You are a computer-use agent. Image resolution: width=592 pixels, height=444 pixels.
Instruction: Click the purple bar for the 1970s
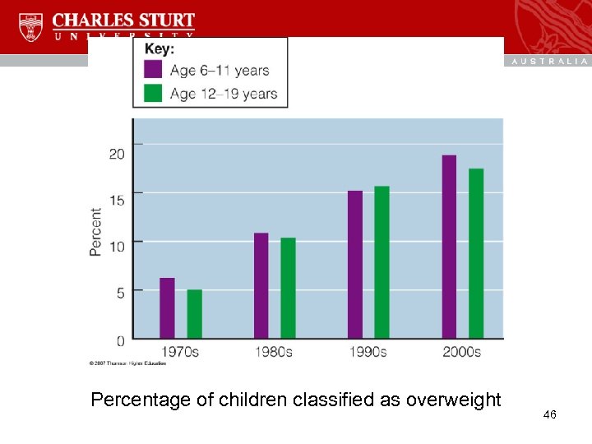[x=167, y=308]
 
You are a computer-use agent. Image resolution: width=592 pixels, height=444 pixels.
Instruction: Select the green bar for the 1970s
[x=194, y=314]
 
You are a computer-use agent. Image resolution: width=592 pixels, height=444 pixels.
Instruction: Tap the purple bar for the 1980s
[x=261, y=286]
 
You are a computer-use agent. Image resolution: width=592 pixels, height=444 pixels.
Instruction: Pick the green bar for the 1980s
[x=288, y=289]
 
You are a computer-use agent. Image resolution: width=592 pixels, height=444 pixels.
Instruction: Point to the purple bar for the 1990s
[x=355, y=265]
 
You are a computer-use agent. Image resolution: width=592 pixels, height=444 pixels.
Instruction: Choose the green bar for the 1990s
[x=382, y=262]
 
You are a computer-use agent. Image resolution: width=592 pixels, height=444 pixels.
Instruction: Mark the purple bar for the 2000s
[x=449, y=247]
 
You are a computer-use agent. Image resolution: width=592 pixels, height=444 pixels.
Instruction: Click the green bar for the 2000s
[x=476, y=253]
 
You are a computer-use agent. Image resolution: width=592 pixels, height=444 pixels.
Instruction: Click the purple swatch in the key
[x=153, y=70]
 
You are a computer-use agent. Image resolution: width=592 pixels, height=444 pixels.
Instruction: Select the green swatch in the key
[x=153, y=93]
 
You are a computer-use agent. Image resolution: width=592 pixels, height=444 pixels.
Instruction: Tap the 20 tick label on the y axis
[x=117, y=154]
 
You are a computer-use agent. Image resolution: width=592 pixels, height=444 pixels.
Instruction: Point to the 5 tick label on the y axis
[x=120, y=292]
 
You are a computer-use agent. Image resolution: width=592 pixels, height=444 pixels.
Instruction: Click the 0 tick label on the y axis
[x=120, y=340]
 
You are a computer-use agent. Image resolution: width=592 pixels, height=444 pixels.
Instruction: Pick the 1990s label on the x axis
[x=368, y=352]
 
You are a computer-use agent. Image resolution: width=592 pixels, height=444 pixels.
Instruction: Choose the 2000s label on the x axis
[x=461, y=352]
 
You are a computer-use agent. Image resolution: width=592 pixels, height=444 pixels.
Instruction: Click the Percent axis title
[x=96, y=231]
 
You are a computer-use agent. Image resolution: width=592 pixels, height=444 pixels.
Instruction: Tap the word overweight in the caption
[x=448, y=400]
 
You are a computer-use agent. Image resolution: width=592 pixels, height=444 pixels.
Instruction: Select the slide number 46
[x=550, y=415]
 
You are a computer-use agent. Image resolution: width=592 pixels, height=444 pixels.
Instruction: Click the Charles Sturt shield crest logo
[x=30, y=27]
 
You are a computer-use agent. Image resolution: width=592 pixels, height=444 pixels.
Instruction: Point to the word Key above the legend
[x=160, y=49]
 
